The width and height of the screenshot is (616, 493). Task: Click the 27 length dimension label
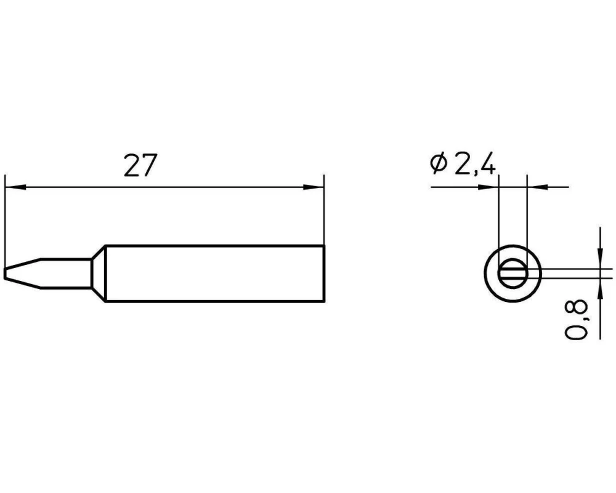tap(140, 165)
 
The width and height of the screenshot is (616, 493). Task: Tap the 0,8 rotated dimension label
tap(577, 319)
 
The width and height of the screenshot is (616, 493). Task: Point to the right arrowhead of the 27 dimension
tap(314, 187)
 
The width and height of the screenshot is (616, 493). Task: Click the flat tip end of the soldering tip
tap(5, 274)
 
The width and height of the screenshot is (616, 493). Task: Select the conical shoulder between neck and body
tap(98, 274)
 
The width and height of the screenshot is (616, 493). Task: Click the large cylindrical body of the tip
tap(215, 274)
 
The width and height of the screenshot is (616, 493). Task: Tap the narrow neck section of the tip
tap(66, 274)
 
